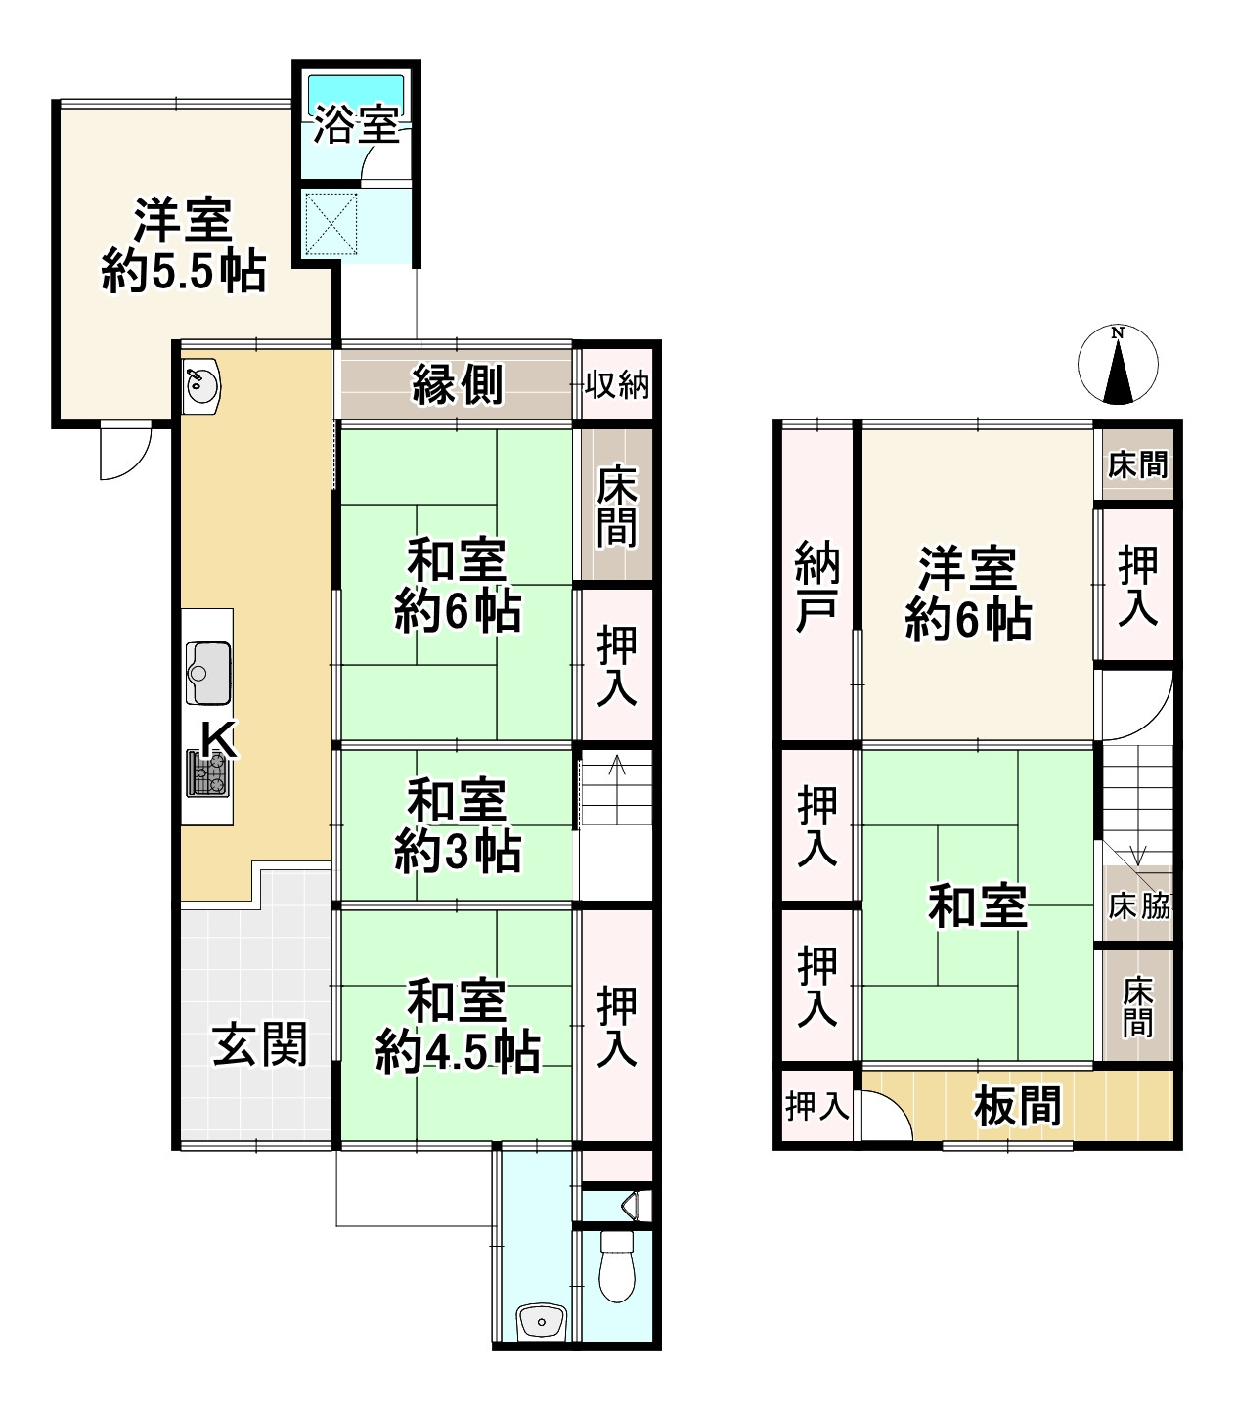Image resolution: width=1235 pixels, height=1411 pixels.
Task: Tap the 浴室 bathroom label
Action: coord(356,128)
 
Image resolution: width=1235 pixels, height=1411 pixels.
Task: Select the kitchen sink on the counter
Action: coord(207,672)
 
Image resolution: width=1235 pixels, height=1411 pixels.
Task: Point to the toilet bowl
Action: coord(615,1266)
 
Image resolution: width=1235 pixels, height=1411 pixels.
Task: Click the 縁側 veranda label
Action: coord(457,384)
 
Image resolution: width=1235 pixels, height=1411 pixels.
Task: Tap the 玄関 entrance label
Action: coord(260,1044)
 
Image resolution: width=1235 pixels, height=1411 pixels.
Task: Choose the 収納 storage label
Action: coord(617,385)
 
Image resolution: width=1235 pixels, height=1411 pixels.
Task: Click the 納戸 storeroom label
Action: coord(817,586)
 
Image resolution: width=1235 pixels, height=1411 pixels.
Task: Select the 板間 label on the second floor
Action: coord(1017,1107)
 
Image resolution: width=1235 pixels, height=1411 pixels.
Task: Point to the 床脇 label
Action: coord(1138,906)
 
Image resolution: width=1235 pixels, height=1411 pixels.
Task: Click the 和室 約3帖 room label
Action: coord(457,826)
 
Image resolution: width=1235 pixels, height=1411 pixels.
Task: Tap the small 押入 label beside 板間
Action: coord(816,1107)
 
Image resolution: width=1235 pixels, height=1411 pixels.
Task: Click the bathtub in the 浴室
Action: coord(356,95)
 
